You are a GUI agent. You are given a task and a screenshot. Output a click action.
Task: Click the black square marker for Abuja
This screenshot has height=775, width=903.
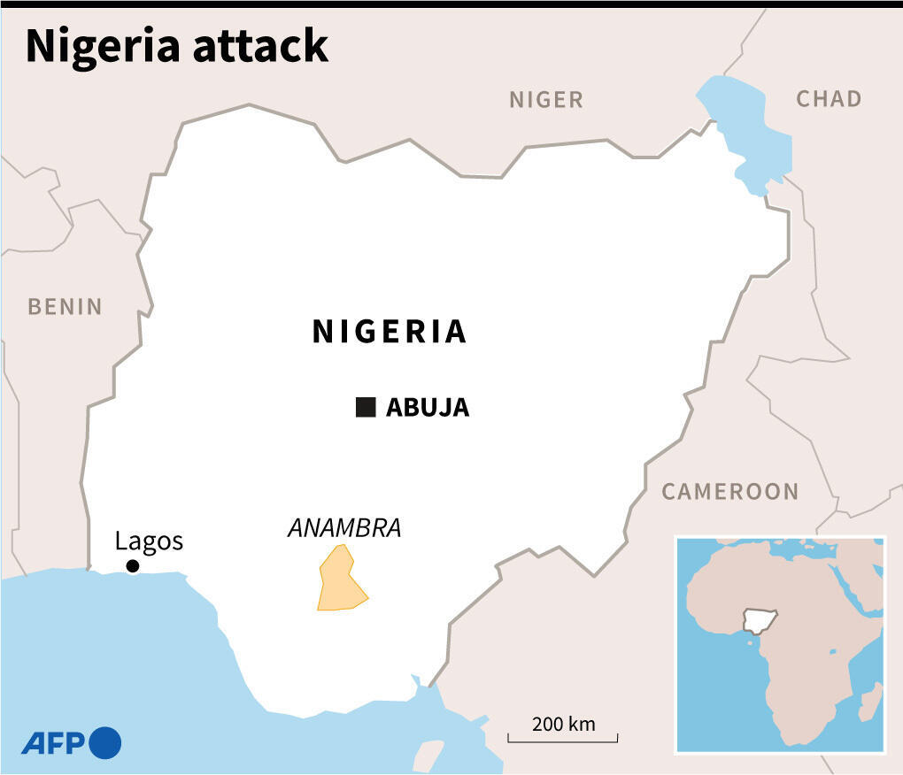(366, 407)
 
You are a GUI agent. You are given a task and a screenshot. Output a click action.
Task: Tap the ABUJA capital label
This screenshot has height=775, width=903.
(428, 408)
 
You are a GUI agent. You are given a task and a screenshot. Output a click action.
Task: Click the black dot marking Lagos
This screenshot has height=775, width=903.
(132, 566)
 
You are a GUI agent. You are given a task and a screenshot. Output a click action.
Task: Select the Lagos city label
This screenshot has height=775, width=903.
(149, 541)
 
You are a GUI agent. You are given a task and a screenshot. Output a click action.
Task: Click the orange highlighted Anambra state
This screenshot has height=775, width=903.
(339, 584)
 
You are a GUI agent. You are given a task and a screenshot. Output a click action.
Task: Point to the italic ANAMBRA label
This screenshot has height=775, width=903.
(344, 528)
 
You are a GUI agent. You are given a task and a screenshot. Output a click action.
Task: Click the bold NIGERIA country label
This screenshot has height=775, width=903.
(390, 331)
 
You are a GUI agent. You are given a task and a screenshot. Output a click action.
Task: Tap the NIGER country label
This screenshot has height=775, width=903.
(546, 100)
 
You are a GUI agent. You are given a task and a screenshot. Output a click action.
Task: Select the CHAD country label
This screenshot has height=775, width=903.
(829, 98)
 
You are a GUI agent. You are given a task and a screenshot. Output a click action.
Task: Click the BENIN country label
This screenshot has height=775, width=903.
(65, 307)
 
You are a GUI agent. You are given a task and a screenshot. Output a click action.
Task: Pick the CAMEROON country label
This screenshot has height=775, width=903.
(730, 492)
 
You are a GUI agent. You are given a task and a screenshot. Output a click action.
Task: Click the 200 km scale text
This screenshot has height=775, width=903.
(563, 724)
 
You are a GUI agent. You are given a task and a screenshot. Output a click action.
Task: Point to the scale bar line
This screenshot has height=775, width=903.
(563, 740)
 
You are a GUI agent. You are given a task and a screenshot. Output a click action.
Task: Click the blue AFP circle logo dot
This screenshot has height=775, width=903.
(104, 742)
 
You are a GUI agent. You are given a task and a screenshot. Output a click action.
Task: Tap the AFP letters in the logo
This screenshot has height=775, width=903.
(51, 743)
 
